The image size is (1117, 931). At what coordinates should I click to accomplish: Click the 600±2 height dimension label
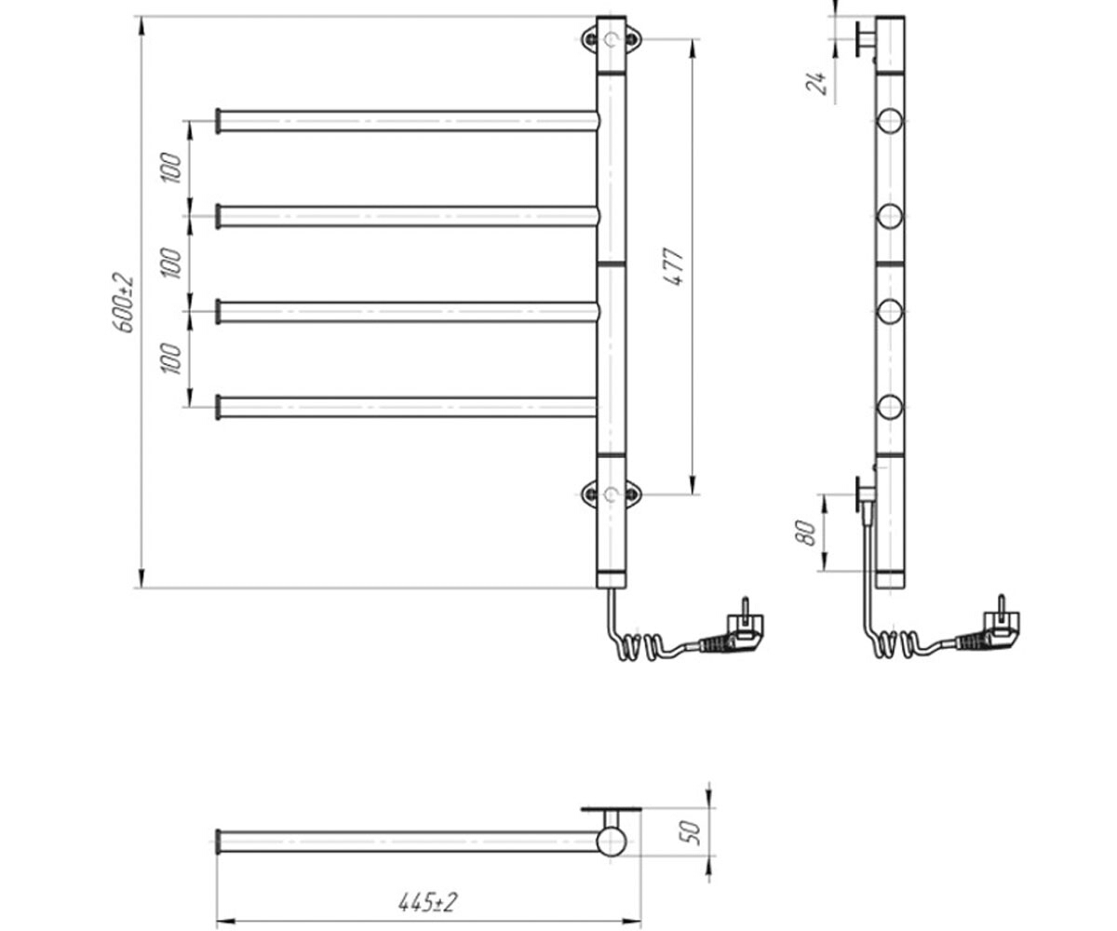pyautogui.click(x=124, y=303)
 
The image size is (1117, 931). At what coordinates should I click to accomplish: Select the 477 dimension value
pyautogui.click(x=675, y=266)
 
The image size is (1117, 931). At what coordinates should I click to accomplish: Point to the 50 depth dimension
pyautogui.click(x=692, y=832)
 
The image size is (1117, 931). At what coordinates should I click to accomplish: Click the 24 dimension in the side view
pyautogui.click(x=816, y=83)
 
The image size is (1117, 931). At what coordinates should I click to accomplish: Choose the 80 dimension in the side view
pyautogui.click(x=807, y=533)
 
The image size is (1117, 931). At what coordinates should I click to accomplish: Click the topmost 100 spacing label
pyautogui.click(x=171, y=168)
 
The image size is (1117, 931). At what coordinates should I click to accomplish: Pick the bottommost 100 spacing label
pyautogui.click(x=171, y=358)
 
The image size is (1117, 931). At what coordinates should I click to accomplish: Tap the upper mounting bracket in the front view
pyautogui.click(x=612, y=39)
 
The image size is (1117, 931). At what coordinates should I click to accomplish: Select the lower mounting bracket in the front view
pyautogui.click(x=612, y=493)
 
